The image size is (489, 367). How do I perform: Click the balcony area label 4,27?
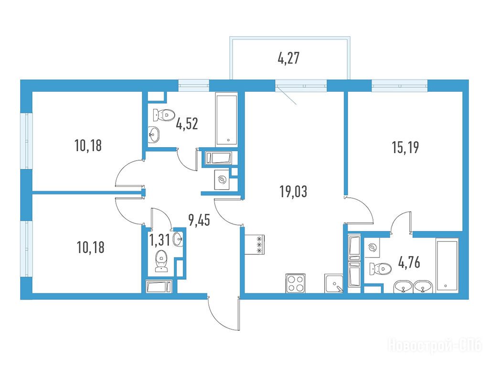tap(288, 58)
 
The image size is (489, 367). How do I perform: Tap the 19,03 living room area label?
tap(294, 191)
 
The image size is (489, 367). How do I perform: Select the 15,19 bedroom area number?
tap(405, 147)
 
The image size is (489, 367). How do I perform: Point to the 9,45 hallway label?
tap(199, 220)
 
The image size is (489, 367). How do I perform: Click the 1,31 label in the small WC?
tap(159, 240)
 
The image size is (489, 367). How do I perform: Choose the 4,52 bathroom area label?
tap(187, 124)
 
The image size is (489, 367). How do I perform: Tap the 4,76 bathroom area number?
tap(409, 262)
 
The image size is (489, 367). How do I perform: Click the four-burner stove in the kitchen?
tap(295, 283)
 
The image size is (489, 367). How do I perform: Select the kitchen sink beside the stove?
tap(334, 284)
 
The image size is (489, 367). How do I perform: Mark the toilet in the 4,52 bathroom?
tap(163, 115)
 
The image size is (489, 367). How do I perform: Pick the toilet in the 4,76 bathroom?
tap(380, 269)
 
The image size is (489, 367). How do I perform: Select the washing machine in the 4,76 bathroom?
tap(372, 248)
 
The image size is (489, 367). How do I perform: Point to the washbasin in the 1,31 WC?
tap(178, 240)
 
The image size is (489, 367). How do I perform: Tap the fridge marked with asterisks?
tap(255, 244)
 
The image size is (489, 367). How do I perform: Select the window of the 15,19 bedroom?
tap(400, 85)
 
